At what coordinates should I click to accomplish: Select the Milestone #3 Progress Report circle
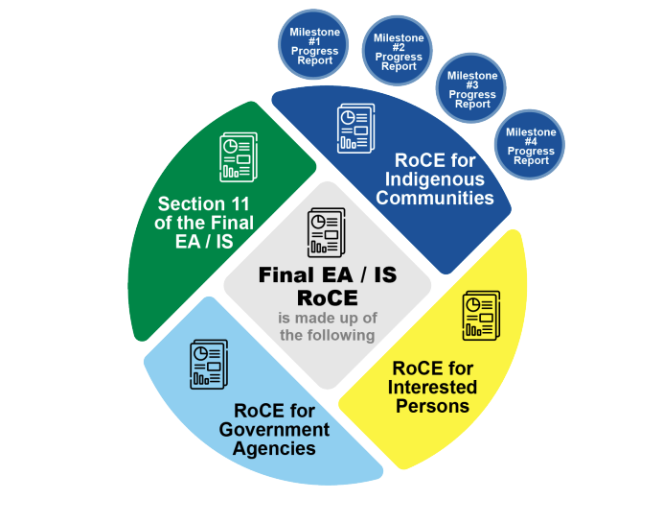(472, 89)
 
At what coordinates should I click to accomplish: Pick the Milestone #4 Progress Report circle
(530, 146)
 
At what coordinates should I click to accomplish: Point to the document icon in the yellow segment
(479, 316)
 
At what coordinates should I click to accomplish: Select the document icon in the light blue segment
(207, 364)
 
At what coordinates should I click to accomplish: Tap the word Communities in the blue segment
(435, 198)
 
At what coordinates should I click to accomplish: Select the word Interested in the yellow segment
(433, 387)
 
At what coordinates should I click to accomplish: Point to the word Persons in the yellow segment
(433, 405)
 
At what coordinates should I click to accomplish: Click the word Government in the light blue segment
(274, 429)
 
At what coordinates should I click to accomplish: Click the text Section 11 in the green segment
(203, 204)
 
